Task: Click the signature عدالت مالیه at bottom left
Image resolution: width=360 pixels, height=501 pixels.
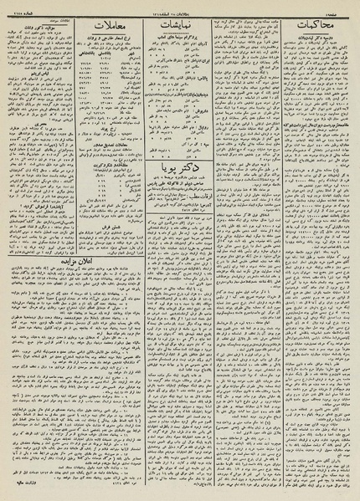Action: [x=33, y=493]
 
